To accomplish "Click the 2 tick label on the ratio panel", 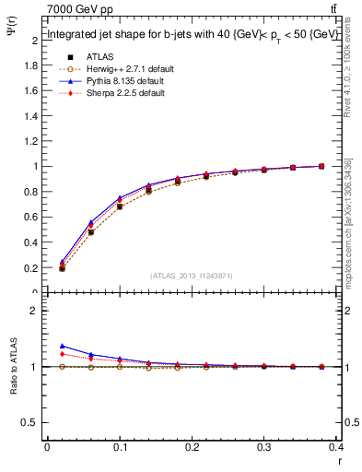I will pyautogui.click(x=35, y=311).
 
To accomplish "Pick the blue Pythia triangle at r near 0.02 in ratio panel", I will pyautogui.click(x=62, y=346).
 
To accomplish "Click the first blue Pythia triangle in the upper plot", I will pyautogui.click(x=62, y=262).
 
